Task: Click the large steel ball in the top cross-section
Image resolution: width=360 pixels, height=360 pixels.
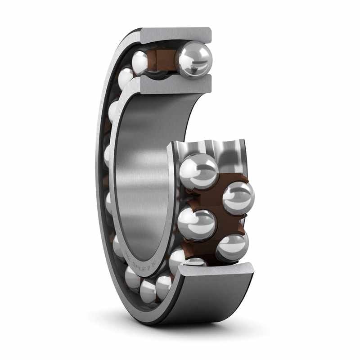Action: [x=194, y=59]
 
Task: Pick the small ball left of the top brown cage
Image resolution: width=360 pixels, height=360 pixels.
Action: [x=140, y=62]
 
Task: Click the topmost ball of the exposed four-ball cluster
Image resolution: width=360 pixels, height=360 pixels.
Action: [x=198, y=171]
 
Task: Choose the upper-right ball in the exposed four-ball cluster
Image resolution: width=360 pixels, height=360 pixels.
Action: [x=238, y=198]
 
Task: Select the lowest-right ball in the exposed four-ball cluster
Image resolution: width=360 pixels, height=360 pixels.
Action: [x=232, y=247]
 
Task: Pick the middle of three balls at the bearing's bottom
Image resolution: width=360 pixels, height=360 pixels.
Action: [x=148, y=291]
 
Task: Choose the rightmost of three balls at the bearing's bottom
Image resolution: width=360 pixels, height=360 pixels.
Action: [x=163, y=286]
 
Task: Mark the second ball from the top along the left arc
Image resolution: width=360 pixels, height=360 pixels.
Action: [x=126, y=77]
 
